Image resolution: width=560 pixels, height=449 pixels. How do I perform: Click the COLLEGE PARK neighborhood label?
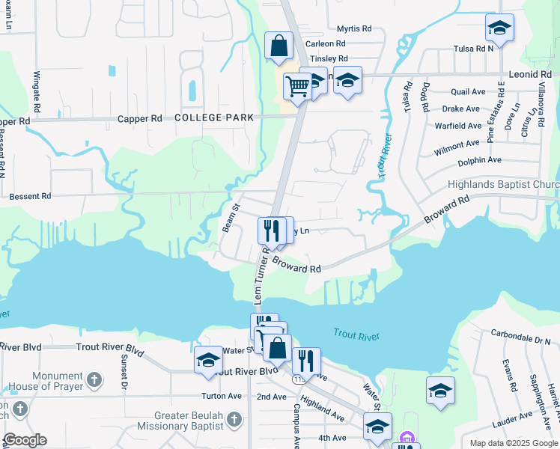pyautogui.click(x=214, y=117)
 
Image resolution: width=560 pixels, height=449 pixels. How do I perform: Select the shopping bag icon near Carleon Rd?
pyautogui.click(x=279, y=45)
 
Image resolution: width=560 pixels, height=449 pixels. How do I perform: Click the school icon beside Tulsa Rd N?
pyautogui.click(x=499, y=29)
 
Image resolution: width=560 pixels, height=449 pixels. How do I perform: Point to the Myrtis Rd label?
pyautogui.click(x=354, y=28)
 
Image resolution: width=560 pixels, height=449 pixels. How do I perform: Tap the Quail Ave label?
pyautogui.click(x=469, y=92)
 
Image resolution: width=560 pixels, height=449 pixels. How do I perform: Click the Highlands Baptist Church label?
pyautogui.click(x=503, y=185)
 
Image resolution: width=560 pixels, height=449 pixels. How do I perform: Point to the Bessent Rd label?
pyautogui.click(x=30, y=196)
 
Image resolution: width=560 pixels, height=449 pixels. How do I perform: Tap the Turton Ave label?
pyautogui.click(x=222, y=396)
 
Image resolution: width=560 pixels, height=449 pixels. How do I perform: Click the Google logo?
pyautogui.click(x=25, y=440)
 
